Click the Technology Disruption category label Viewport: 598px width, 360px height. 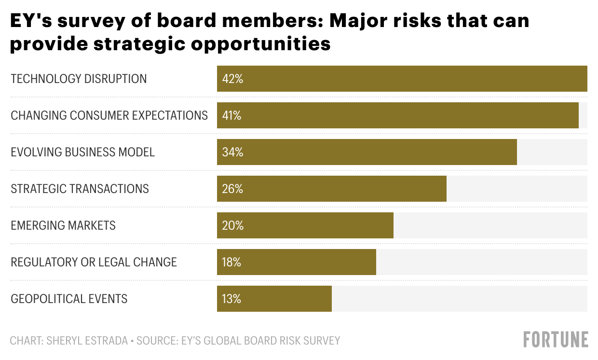(x=79, y=79)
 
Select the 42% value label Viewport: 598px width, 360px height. (x=232, y=79)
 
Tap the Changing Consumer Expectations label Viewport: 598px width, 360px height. (x=109, y=115)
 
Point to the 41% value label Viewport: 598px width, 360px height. (x=232, y=115)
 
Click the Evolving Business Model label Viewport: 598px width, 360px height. (x=82, y=152)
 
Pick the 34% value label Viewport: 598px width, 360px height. (x=232, y=152)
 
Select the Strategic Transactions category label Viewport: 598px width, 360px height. (x=80, y=189)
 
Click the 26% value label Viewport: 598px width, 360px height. (x=232, y=189)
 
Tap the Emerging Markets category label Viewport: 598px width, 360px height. (x=63, y=225)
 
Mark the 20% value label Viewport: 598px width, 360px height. (x=232, y=225)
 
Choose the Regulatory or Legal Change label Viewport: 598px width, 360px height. (x=94, y=262)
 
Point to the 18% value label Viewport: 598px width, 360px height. (x=231, y=262)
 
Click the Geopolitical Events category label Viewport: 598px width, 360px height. (x=69, y=299)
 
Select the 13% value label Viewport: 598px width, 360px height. (x=231, y=299)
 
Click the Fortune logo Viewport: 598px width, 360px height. (x=556, y=339)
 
